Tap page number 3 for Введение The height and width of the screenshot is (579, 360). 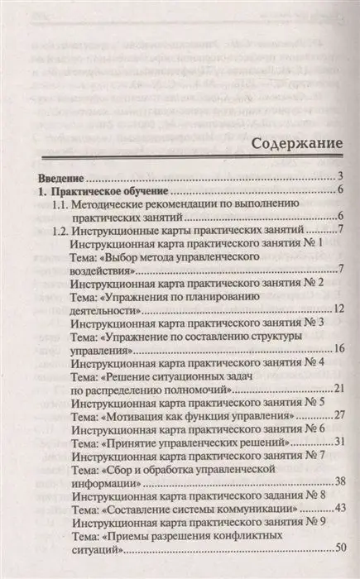point(340,176)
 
